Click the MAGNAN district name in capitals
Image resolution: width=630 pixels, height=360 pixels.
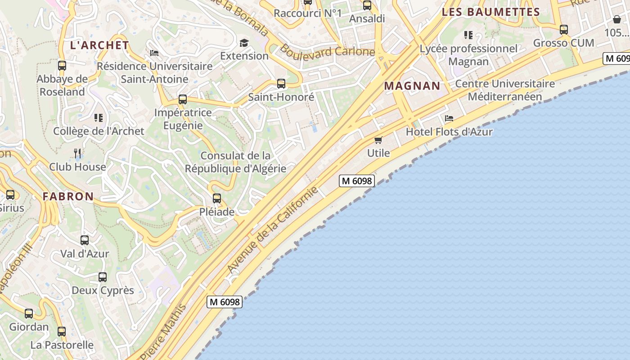(x=412, y=86)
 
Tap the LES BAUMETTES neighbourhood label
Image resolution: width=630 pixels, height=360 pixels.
(x=490, y=12)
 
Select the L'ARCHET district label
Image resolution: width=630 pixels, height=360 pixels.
(x=99, y=45)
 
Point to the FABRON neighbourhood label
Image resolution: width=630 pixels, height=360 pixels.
(x=68, y=196)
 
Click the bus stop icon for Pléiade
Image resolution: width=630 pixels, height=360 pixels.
(x=217, y=198)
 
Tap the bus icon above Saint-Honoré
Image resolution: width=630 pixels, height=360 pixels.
(x=281, y=83)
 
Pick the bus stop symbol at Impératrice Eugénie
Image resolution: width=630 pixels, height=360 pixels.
(x=183, y=99)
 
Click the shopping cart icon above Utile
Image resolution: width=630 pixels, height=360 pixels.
(x=378, y=140)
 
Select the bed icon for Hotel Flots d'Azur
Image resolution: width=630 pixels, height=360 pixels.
(x=449, y=118)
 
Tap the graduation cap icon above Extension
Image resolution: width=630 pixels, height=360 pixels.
(x=244, y=43)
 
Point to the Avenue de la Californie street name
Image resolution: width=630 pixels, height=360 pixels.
(x=273, y=229)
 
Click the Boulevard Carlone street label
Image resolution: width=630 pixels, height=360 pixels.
(x=327, y=50)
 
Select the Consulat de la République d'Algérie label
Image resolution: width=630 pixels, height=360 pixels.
(x=235, y=162)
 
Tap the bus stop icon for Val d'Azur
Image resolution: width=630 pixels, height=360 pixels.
(x=85, y=240)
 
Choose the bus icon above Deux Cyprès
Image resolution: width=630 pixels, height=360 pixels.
(x=103, y=277)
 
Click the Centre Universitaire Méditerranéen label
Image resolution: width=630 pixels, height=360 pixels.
(x=505, y=90)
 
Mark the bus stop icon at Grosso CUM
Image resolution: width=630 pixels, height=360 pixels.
(x=564, y=30)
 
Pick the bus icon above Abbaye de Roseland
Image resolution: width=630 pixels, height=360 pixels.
(x=62, y=66)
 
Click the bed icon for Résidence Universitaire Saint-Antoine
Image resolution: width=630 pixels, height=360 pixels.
(x=154, y=53)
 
